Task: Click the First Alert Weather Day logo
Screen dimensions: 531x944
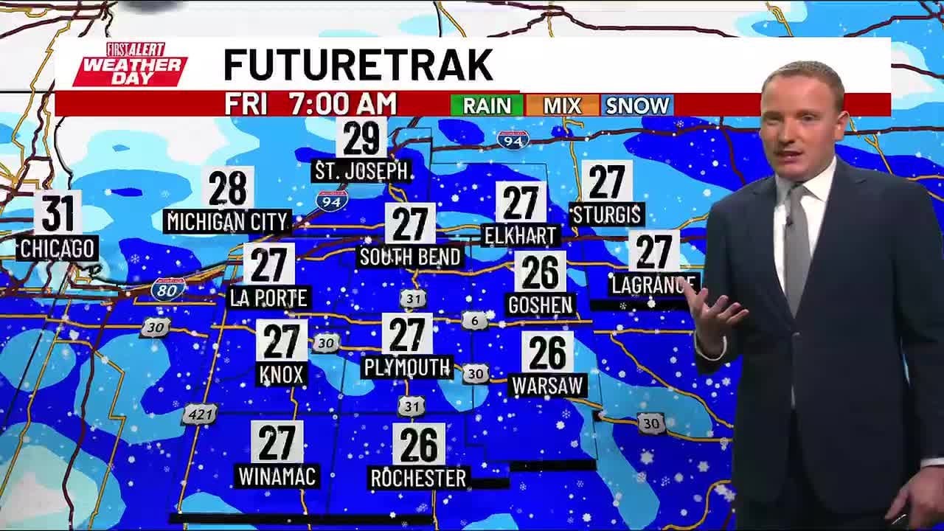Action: click(x=129, y=64)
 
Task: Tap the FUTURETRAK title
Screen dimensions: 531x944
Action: click(x=358, y=65)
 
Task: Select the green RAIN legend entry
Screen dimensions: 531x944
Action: click(x=486, y=105)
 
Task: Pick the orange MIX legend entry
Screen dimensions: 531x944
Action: click(x=562, y=105)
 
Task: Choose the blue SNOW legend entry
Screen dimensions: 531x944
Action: click(x=637, y=105)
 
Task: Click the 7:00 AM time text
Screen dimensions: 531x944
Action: click(x=343, y=105)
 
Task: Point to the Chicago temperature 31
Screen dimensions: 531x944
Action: click(x=58, y=212)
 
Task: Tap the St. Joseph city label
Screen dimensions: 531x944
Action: click(x=362, y=172)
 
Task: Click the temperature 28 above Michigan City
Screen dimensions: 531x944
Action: click(x=228, y=189)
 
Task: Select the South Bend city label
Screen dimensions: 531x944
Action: click(x=410, y=257)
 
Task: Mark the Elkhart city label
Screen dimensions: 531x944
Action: click(x=521, y=235)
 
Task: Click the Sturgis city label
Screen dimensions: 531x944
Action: click(x=607, y=215)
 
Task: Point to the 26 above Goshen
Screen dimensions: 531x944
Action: click(x=541, y=271)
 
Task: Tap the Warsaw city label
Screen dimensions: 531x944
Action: click(x=549, y=385)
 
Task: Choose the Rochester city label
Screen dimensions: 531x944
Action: click(x=418, y=478)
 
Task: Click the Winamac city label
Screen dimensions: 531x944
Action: click(x=277, y=476)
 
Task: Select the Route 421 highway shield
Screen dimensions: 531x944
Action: click(x=199, y=414)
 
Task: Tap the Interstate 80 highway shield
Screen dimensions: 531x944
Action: click(x=168, y=289)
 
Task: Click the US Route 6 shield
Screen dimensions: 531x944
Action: click(x=475, y=321)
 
